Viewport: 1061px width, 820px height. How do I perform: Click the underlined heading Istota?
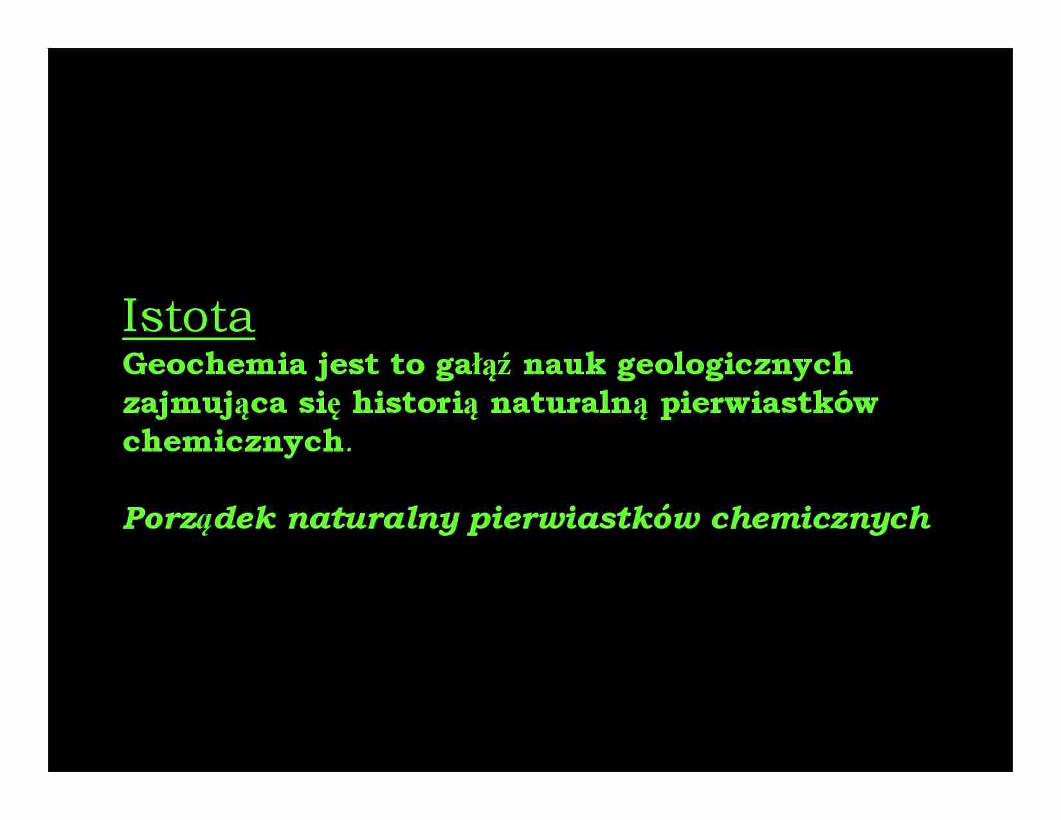point(188,316)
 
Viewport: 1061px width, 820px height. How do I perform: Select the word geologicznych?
point(734,365)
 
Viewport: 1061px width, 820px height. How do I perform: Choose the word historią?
point(415,404)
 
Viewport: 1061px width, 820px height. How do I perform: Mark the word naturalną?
point(569,404)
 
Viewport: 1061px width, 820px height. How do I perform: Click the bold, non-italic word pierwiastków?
point(768,404)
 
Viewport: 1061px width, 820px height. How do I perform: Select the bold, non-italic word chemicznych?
point(232,442)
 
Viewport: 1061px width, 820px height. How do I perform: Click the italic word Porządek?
point(199,518)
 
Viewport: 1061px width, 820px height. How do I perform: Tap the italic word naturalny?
point(373,519)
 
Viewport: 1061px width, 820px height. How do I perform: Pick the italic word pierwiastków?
point(583,519)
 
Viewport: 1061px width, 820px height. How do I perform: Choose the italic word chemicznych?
point(821,519)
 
